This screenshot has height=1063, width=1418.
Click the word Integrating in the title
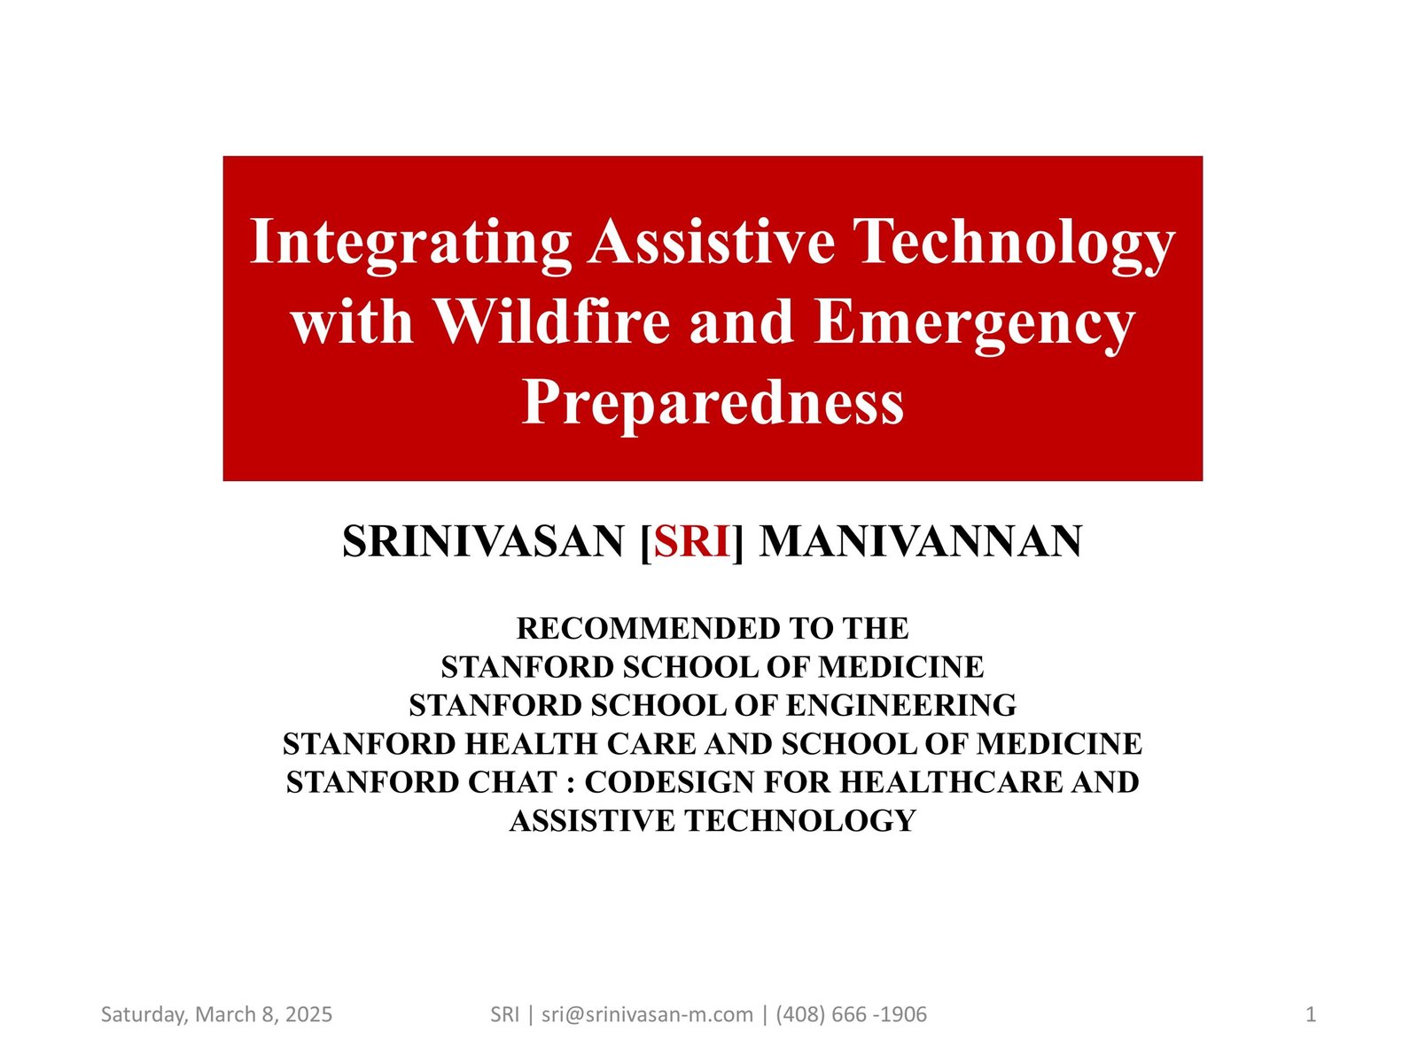pos(410,244)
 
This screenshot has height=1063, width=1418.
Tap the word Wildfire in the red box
pos(552,322)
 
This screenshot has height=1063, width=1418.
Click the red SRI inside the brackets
pos(692,541)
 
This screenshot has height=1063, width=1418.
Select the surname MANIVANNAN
pos(921,541)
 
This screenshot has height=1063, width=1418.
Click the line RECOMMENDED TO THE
pos(713,629)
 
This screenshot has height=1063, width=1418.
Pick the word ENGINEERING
pos(901,705)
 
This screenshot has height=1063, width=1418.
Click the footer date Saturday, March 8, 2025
pos(216,1015)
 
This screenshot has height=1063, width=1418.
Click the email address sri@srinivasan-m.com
pos(647,1015)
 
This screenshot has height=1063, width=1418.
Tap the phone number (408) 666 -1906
pos(852,1015)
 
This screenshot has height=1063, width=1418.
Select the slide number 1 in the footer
pos(1311,1015)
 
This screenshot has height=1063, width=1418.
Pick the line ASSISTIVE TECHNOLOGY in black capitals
pos(713,820)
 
